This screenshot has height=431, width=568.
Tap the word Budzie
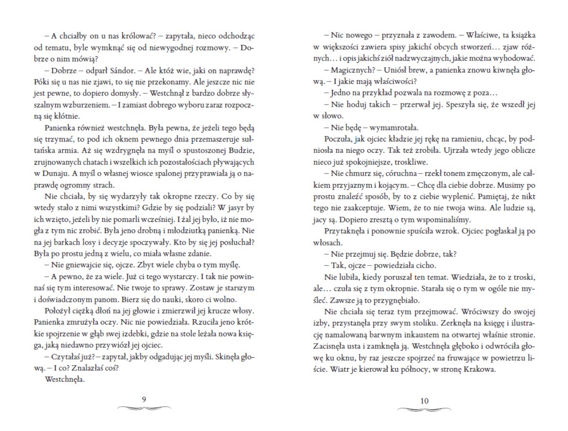(x=241, y=150)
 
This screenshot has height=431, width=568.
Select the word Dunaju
(x=56, y=173)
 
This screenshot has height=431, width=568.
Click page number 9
(x=144, y=400)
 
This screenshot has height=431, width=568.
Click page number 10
(x=424, y=401)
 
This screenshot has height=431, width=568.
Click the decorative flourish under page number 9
(x=144, y=408)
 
